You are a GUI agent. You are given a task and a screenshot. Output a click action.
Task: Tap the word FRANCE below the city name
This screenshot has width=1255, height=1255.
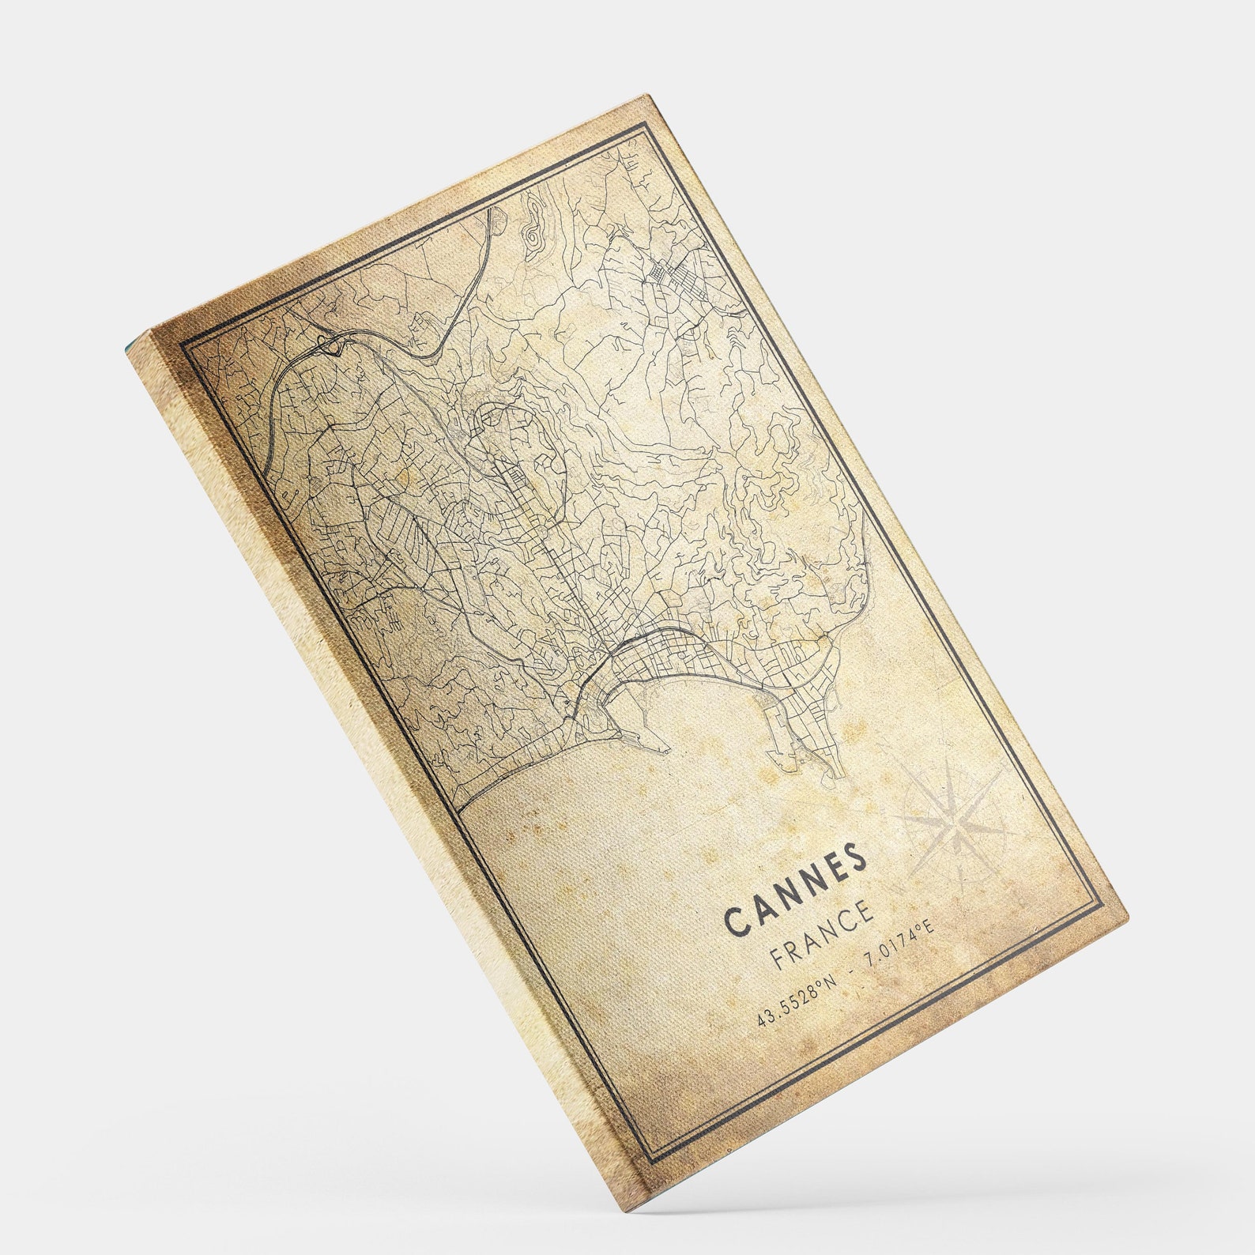click(823, 934)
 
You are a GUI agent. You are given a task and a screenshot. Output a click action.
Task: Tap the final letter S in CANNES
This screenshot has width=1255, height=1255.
click(855, 854)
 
